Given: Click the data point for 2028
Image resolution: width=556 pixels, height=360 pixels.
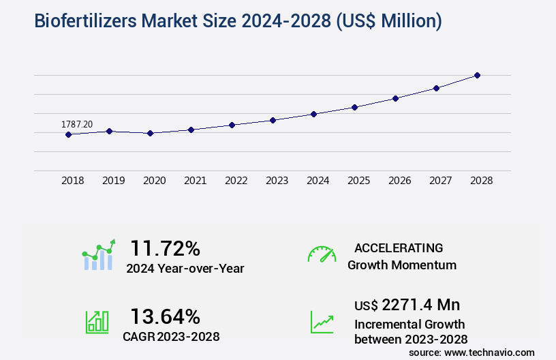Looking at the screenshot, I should click(x=477, y=75).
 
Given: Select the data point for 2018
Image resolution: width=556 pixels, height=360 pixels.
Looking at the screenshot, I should click(x=68, y=134).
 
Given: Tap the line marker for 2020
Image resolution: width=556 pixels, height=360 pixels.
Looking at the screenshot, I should click(x=150, y=133).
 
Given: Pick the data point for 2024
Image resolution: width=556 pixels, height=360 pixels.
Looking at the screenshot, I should click(x=313, y=114).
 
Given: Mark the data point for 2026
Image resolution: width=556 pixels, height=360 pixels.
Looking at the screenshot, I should click(x=395, y=98).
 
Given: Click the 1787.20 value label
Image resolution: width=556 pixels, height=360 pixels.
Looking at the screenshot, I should click(x=77, y=124).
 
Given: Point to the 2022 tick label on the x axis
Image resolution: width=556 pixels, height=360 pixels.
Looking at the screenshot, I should click(x=236, y=181).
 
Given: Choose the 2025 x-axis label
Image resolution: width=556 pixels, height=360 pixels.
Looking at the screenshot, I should click(x=358, y=181).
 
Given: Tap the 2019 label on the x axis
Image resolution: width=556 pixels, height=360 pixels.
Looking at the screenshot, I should click(x=113, y=181).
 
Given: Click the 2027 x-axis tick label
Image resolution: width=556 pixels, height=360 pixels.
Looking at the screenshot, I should click(x=440, y=181).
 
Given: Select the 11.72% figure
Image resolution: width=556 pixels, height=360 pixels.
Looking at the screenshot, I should click(x=165, y=247).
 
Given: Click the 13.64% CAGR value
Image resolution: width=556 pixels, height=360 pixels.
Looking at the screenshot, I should click(x=165, y=316).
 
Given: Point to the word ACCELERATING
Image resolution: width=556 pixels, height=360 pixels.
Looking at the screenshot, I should click(x=399, y=247).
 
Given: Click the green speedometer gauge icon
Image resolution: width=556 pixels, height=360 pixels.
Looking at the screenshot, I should click(x=322, y=254).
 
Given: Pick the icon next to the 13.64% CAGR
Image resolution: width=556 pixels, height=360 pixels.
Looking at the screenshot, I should click(x=97, y=322).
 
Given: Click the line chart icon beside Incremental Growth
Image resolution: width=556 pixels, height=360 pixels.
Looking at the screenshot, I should click(x=322, y=322).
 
